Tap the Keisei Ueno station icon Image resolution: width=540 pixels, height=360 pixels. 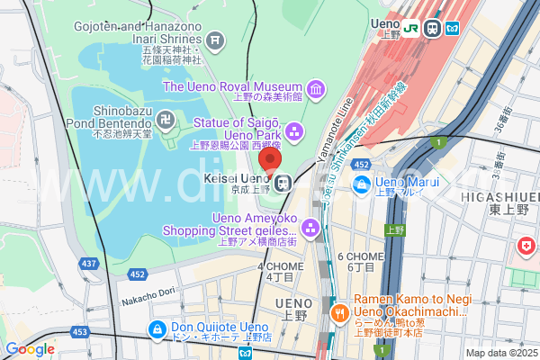[x=283, y=183]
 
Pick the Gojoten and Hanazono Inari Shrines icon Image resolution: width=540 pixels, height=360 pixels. [x=215, y=40]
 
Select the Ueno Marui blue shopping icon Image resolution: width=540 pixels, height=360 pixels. [x=362, y=184]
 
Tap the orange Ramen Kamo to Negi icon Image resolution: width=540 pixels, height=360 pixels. [x=339, y=314]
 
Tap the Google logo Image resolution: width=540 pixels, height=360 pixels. [x=30, y=349]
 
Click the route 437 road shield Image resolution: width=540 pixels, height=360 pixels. [x=89, y=264]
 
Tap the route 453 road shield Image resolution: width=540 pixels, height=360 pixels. [x=80, y=332]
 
